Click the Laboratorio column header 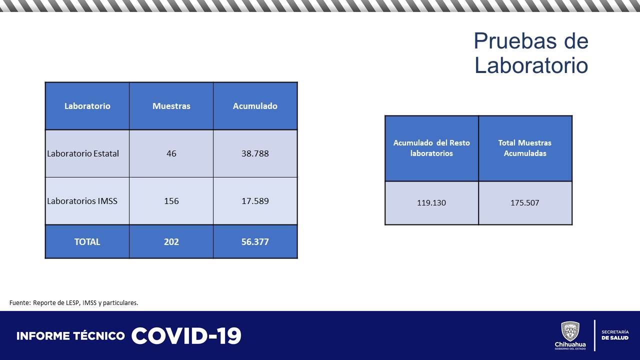(87, 106)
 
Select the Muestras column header (171, 106)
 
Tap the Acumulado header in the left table (255, 106)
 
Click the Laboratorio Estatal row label (83, 153)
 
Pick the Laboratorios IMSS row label (82, 201)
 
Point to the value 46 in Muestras (171, 153)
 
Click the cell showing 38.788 (255, 153)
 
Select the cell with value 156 (171, 201)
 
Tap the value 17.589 (255, 201)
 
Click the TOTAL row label (87, 241)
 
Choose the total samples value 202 (171, 241)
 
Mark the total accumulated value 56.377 (255, 241)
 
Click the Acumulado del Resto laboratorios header (431, 148)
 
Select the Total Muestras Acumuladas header (525, 148)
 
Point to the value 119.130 (431, 203)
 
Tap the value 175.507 (525, 203)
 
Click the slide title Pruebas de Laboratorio (531, 53)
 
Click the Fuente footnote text (73, 302)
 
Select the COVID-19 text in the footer (186, 336)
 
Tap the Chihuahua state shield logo (570, 331)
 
